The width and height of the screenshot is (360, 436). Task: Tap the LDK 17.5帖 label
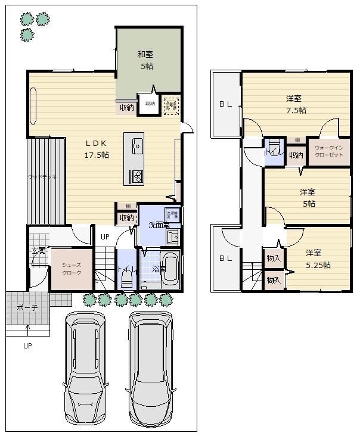click(96, 149)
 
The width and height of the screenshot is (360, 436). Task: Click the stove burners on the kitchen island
click(136, 176)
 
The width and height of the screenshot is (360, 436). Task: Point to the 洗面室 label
click(159, 225)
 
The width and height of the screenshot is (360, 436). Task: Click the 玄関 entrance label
click(38, 250)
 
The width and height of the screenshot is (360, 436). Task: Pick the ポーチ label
click(27, 307)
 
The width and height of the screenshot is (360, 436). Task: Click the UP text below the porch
click(27, 345)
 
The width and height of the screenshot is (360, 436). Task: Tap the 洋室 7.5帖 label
click(294, 104)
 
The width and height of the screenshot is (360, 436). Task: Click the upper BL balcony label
click(225, 104)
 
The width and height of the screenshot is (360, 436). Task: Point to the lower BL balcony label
click(225, 258)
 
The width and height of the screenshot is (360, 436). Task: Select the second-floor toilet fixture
click(274, 148)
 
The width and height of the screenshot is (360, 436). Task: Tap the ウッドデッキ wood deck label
click(42, 177)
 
